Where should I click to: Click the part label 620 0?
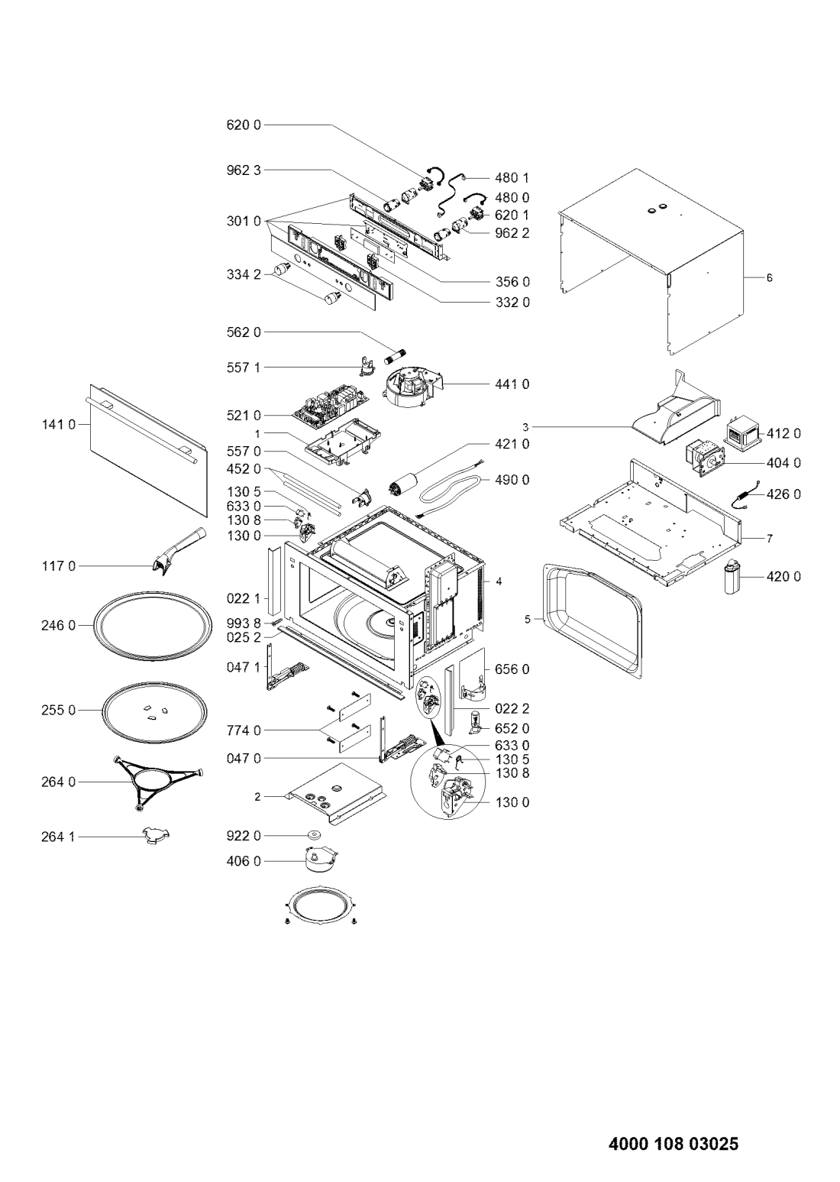click(x=244, y=125)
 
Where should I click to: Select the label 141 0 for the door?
click(x=59, y=424)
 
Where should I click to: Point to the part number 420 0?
click(x=783, y=577)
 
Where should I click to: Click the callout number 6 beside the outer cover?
click(x=769, y=277)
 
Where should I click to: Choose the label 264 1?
click(x=59, y=837)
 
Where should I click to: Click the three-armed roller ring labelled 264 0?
click(x=158, y=782)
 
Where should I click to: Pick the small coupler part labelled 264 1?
click(x=156, y=834)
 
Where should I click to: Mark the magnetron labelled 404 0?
click(x=705, y=460)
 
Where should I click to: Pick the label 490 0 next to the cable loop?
click(x=512, y=480)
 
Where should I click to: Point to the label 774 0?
click(x=244, y=731)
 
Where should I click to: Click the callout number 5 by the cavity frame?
click(x=528, y=620)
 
